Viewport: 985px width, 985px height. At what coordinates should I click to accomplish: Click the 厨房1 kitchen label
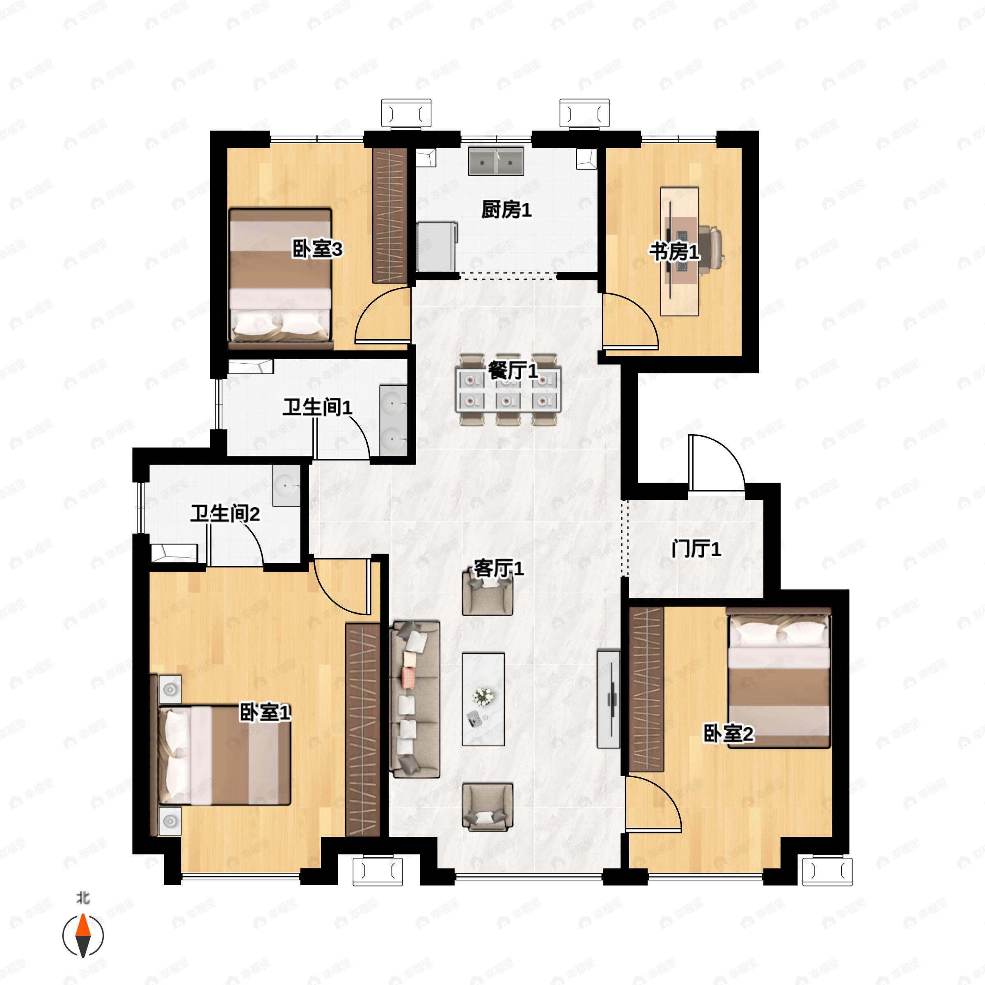[x=507, y=210]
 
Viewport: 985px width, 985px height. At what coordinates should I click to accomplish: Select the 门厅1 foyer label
[x=696, y=549]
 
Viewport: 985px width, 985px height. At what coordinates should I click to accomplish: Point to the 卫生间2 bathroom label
[x=225, y=514]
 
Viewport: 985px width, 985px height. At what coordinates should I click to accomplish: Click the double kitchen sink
[x=496, y=161]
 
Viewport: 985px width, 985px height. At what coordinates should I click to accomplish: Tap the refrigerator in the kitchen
[x=437, y=247]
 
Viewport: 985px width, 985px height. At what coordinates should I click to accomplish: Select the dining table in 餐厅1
[x=509, y=389]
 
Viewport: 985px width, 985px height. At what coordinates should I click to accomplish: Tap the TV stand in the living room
[x=609, y=699]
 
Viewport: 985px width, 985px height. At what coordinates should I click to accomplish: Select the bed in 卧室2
[x=779, y=678]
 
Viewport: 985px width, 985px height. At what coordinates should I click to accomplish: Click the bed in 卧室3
[x=280, y=278]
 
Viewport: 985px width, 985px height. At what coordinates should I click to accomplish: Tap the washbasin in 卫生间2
[x=286, y=486]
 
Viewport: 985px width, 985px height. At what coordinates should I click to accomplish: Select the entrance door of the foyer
[x=716, y=463]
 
